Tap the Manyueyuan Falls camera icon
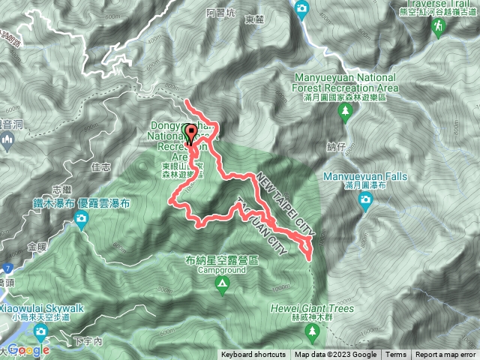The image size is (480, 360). pos(365,199)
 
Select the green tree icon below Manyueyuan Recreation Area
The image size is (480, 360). pos(346,112)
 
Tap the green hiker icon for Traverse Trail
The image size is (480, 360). pos(437,28)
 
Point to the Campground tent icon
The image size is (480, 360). pos(222,283)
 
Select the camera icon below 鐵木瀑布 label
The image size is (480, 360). pos(81,220)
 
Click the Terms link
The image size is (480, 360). pos(396,355)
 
